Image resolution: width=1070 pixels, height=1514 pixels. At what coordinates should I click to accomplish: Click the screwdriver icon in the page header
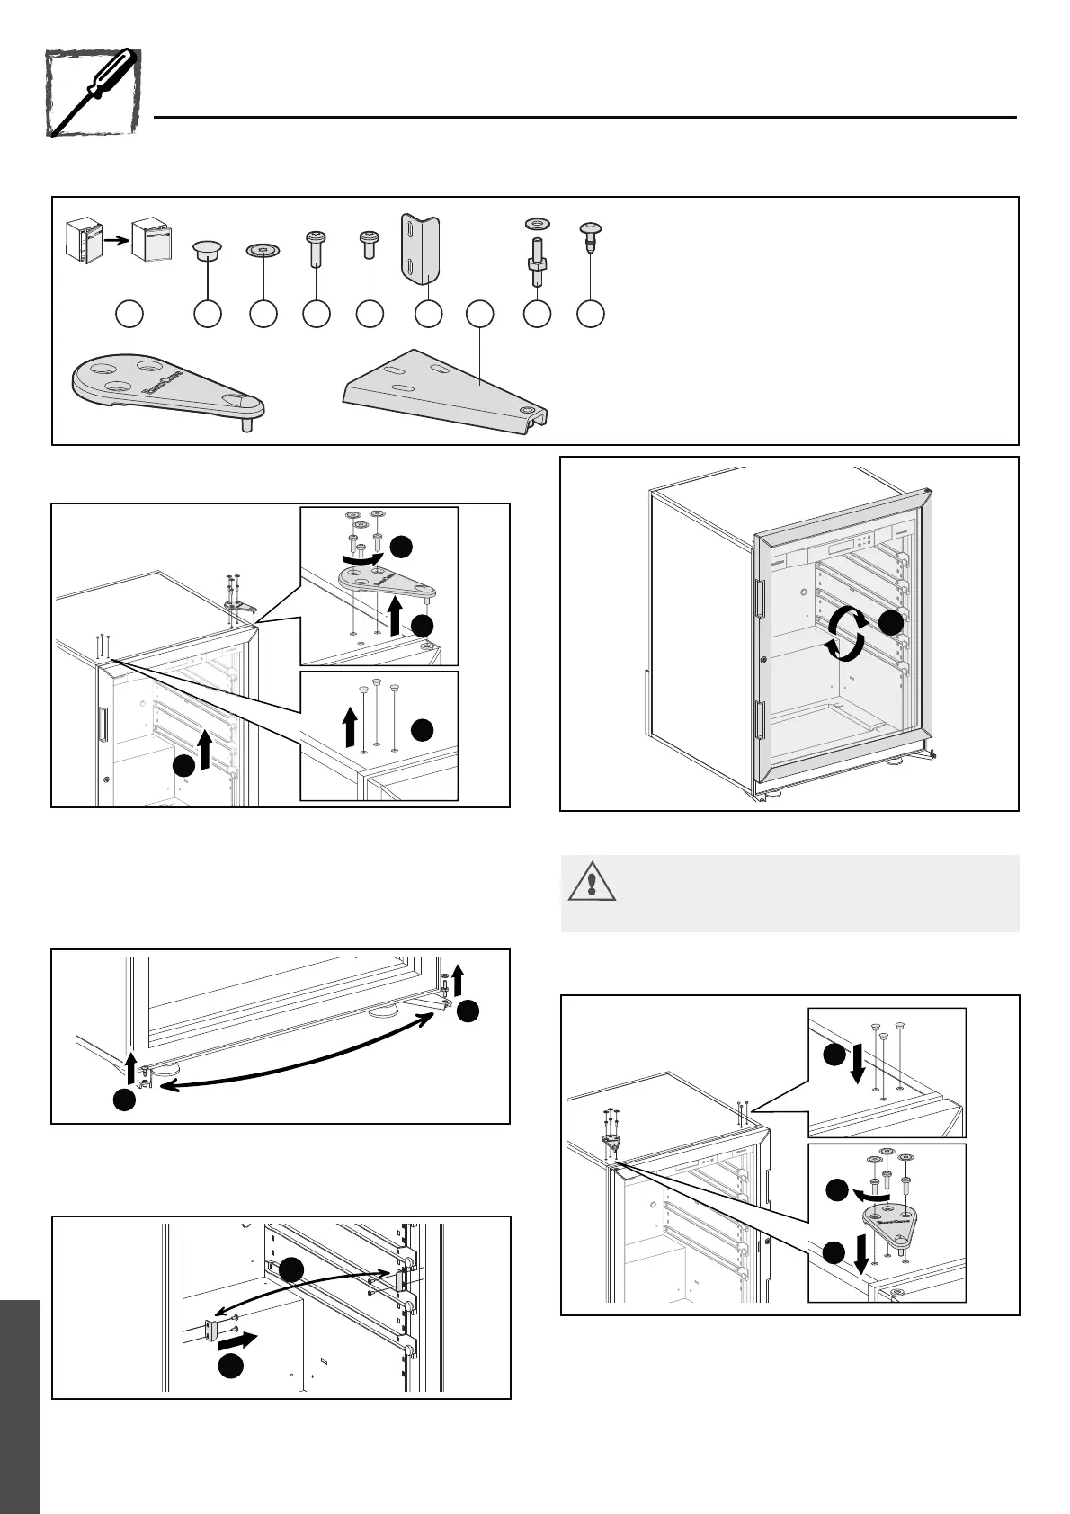pyautogui.click(x=92, y=93)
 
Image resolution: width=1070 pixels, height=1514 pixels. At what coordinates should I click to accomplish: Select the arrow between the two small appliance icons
pyautogui.click(x=111, y=241)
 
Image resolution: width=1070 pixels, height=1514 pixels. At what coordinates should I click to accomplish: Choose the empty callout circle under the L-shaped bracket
pyautogui.click(x=428, y=315)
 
